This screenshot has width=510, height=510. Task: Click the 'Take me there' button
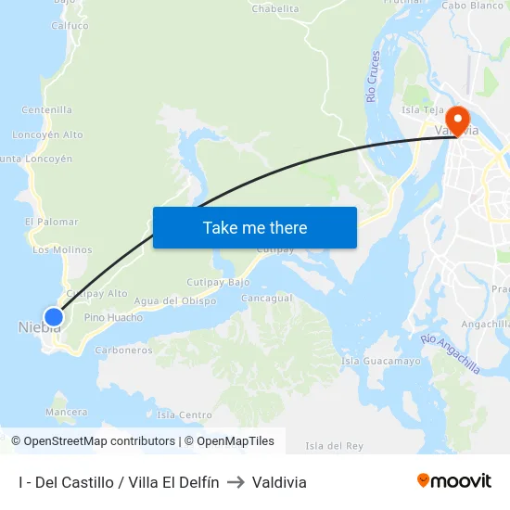(255, 227)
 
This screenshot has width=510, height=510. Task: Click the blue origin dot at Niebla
(54, 317)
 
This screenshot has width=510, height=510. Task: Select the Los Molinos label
(62, 249)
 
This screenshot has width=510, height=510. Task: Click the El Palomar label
(51, 222)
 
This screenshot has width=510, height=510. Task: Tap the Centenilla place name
(46, 109)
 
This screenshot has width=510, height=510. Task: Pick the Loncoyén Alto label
(49, 134)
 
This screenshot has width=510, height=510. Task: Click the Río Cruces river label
(374, 76)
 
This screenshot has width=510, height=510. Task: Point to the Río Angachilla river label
(451, 353)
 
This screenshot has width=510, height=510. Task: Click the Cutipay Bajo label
(219, 281)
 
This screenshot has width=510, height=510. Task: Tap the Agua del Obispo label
(175, 300)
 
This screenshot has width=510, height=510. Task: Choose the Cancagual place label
(266, 299)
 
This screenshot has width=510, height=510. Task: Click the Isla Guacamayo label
(381, 361)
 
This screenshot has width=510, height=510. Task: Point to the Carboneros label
(123, 351)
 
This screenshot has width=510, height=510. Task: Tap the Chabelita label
(275, 9)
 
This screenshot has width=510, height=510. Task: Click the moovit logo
(454, 481)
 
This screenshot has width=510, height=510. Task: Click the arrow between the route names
(236, 482)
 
